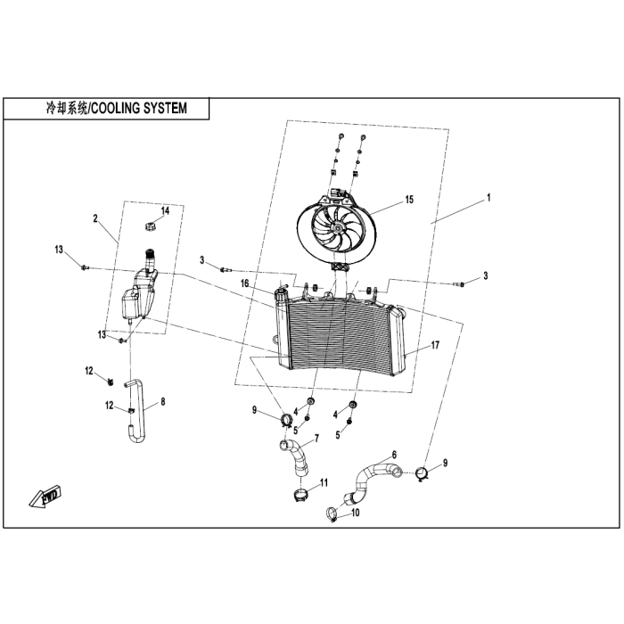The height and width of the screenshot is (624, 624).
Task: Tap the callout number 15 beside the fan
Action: point(409,200)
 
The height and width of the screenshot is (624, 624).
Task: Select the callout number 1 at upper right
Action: point(488,197)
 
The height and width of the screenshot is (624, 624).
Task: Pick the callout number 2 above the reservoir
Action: point(94,218)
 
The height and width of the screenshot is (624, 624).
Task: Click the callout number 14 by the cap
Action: point(164,211)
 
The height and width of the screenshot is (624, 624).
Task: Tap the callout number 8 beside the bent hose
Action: point(162,402)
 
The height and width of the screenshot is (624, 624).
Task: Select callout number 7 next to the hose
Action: point(314,439)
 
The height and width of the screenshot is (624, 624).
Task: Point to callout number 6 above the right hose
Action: point(393,455)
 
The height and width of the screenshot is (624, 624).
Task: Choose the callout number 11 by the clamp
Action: point(324,482)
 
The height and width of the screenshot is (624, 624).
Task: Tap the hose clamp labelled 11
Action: point(301,491)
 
